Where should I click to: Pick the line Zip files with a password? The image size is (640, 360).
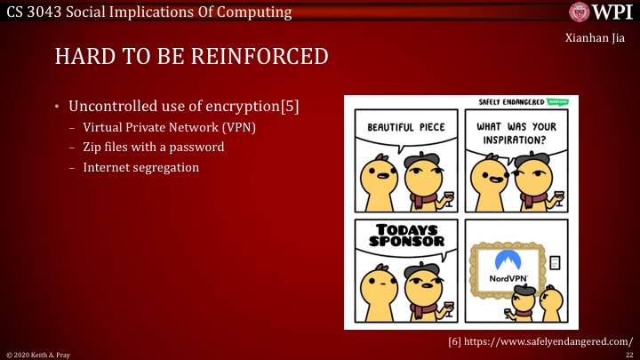pos(153,147)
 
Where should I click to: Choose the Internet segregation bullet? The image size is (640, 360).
pos(141,166)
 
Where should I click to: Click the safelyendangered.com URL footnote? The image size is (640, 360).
pos(540,340)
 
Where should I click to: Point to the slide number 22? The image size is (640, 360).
pos(628,354)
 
